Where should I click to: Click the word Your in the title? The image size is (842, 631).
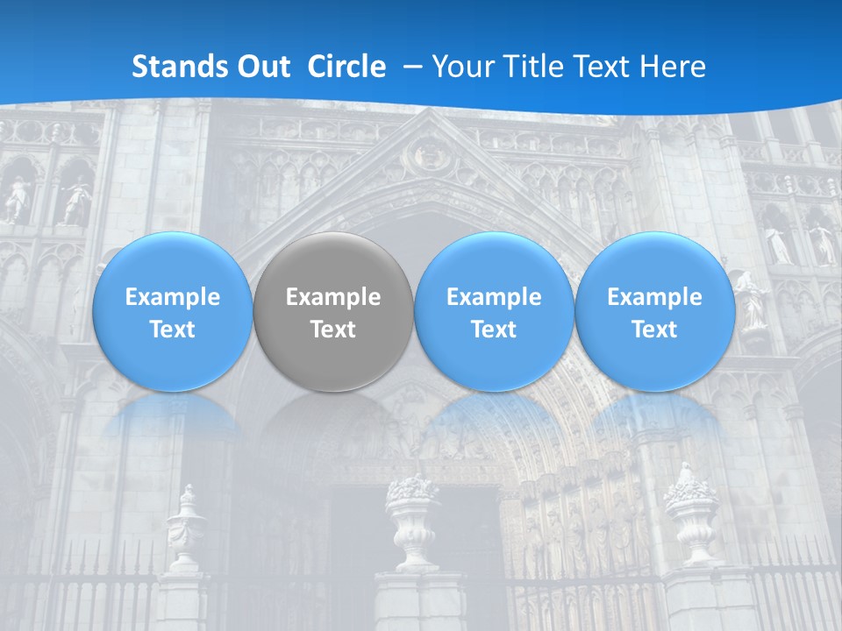[x=460, y=67]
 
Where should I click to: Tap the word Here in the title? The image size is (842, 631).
[x=675, y=67]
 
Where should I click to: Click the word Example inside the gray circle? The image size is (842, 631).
[x=333, y=297]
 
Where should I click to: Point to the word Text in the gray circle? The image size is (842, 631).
[x=333, y=330]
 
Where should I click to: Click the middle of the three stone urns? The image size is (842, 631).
[x=411, y=521]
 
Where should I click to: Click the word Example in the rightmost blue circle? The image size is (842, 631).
[x=654, y=297]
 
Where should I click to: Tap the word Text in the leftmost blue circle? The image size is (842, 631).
[x=172, y=330]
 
